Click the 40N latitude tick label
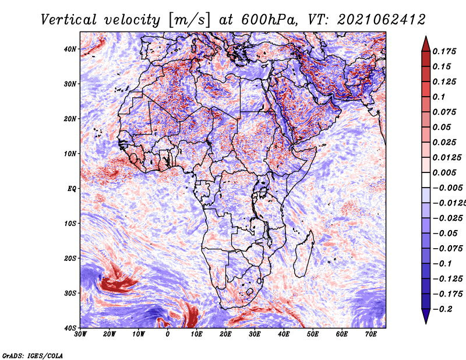click(70, 49)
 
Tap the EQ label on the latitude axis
click(72, 189)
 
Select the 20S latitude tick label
click(70, 258)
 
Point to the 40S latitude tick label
click(70, 328)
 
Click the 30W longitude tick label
click(80, 334)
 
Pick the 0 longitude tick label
click(168, 334)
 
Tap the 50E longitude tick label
click(313, 334)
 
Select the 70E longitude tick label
click(371, 334)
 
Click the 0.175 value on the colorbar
click(444, 52)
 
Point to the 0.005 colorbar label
click(444, 172)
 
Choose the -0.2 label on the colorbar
click(442, 309)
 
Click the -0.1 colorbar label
click(442, 264)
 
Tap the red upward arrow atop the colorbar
click(426, 44)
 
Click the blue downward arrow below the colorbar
click(426, 316)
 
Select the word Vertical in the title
click(69, 20)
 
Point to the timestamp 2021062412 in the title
click(382, 20)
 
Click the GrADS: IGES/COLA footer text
click(33, 356)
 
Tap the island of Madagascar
click(303, 254)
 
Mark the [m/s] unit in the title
click(189, 20)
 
